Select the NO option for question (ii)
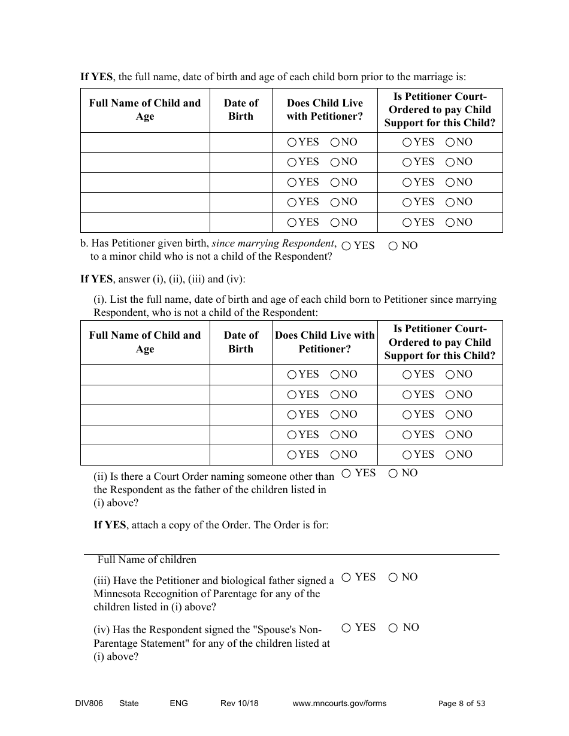(x=393, y=473)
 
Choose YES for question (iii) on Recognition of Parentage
(x=346, y=577)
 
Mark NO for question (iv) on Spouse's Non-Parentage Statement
(x=393, y=628)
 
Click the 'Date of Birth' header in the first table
(x=241, y=110)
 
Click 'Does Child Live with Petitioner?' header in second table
(x=325, y=342)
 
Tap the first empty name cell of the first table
(x=145, y=142)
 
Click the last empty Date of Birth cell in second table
(x=241, y=455)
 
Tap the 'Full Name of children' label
(x=147, y=560)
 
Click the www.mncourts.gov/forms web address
(x=339, y=704)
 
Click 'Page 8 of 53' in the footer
(x=462, y=704)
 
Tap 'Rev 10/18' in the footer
(x=240, y=704)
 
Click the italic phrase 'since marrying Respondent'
(x=273, y=244)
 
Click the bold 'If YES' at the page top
(x=96, y=77)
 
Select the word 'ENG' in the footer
(x=178, y=704)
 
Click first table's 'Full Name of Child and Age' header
(x=145, y=110)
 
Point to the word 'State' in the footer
(x=129, y=704)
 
